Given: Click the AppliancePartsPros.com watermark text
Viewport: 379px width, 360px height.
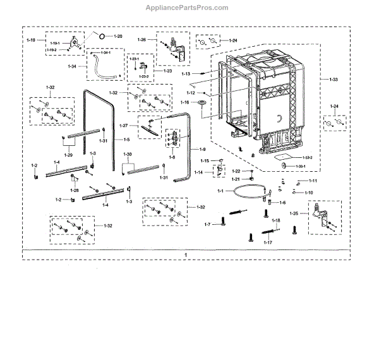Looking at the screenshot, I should click(189, 8).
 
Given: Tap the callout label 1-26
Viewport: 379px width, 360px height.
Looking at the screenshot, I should click(142, 40).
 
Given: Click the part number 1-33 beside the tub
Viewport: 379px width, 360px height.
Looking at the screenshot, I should click(334, 79).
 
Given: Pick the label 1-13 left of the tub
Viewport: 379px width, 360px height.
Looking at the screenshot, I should click(186, 74).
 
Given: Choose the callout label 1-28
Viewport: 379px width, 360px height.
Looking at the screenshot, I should click(75, 189).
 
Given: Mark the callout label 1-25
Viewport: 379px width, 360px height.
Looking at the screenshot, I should click(296, 214).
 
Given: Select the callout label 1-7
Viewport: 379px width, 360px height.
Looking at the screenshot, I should click(207, 224).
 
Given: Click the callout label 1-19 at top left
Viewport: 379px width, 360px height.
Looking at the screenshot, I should click(31, 40).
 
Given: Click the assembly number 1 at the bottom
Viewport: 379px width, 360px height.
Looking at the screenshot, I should click(186, 254).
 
